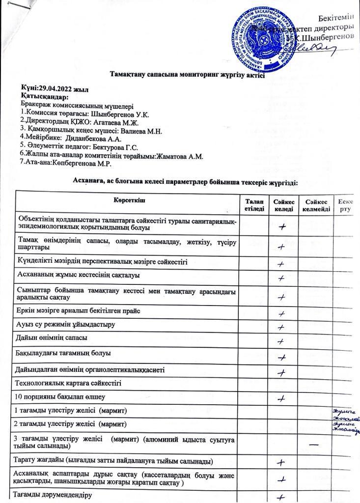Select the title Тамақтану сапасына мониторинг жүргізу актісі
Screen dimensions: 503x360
(187, 75)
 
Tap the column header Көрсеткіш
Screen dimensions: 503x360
(129, 199)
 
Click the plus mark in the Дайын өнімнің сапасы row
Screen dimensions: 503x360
(281, 341)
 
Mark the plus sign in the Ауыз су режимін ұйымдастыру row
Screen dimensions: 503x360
(281, 327)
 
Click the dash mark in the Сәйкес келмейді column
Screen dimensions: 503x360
(313, 444)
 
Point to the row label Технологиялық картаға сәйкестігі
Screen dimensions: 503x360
(69, 382)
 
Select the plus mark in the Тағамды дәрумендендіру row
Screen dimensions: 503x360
(281, 497)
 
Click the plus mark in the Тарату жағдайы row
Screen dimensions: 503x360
(281, 462)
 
